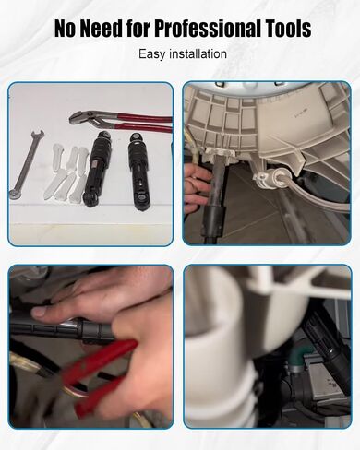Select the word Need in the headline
[x=102, y=29]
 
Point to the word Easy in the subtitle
[x=152, y=54]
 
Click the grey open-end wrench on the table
[x=26, y=165]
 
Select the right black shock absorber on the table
[x=139, y=172]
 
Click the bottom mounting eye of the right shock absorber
[x=141, y=205]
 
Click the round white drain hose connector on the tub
[x=274, y=178]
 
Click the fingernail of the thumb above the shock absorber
[x=38, y=312]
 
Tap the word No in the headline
[x=65, y=29]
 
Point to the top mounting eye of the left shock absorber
[x=104, y=135]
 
